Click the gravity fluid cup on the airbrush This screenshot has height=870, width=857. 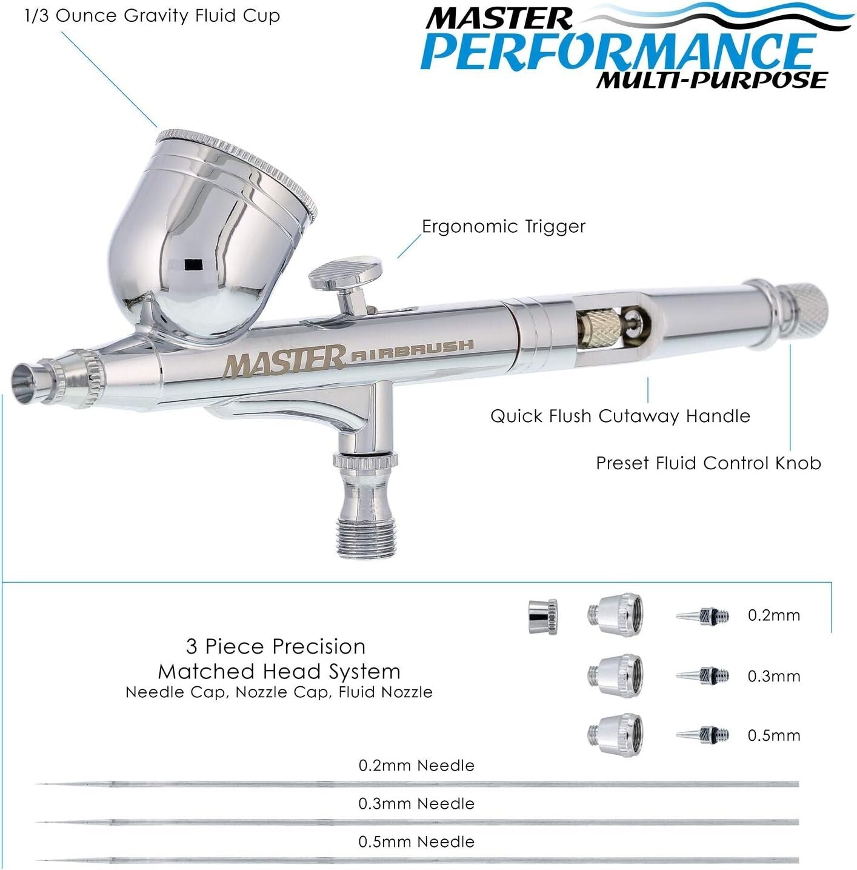[212, 230]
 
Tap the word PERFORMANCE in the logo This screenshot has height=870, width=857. [618, 52]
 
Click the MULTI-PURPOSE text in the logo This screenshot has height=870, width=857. [712, 79]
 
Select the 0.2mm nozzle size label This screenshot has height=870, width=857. [773, 615]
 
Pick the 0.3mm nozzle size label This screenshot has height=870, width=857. [773, 676]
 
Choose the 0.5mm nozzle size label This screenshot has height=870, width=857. [773, 735]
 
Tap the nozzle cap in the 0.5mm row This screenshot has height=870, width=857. [615, 734]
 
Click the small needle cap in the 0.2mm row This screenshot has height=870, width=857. [542, 617]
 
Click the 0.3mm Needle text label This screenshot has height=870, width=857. [416, 804]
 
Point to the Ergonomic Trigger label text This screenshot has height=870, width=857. [503, 227]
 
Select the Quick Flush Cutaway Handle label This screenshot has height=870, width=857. [620, 416]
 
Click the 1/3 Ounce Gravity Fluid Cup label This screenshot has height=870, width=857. [152, 16]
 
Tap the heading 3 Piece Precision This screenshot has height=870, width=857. [276, 646]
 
